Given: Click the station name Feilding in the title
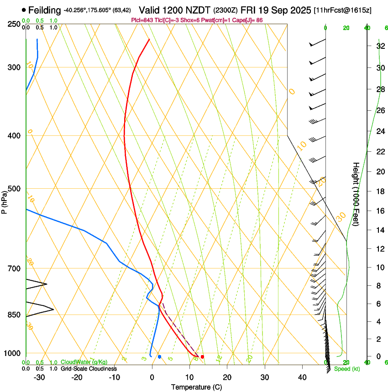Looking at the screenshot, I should tap(44, 10).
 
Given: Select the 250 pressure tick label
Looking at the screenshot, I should tap(14, 24).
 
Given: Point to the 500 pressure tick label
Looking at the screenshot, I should tap(14, 189).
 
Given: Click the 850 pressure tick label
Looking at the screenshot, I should tap(14, 315).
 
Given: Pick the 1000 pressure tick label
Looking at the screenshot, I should tap(12, 353).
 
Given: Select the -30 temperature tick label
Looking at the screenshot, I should tap(39, 377).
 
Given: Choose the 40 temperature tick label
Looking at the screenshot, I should tap(302, 377).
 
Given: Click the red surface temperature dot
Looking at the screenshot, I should tap(202, 356).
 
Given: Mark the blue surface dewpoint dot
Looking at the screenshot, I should tap(159, 356).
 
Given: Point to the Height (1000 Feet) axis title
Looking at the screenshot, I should tap(356, 194).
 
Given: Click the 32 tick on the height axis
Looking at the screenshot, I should tap(379, 46).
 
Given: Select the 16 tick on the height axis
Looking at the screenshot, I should tap(379, 211).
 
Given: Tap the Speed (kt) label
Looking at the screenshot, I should tap(347, 369).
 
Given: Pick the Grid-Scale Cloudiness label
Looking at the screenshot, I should tap(89, 369).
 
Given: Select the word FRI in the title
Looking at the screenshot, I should tap(255, 10).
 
